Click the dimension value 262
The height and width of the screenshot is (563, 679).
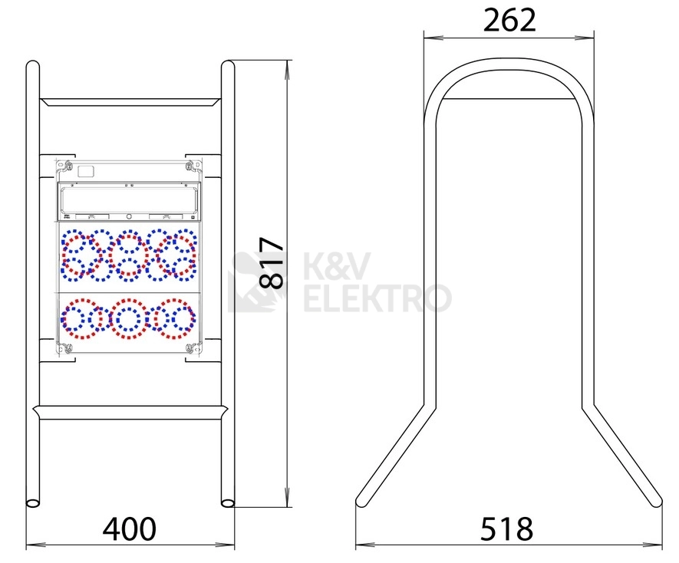click(x=509, y=20)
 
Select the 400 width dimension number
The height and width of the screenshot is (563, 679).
click(x=129, y=528)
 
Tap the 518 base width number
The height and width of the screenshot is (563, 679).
click(x=506, y=528)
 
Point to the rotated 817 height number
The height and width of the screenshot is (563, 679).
click(x=272, y=263)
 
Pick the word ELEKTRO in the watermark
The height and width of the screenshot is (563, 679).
click(x=377, y=298)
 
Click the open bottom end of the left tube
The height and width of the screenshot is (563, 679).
click(x=33, y=503)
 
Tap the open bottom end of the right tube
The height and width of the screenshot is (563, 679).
click(x=228, y=503)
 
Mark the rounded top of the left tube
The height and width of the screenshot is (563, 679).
click(x=33, y=64)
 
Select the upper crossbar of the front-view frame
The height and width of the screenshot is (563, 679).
click(x=130, y=102)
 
